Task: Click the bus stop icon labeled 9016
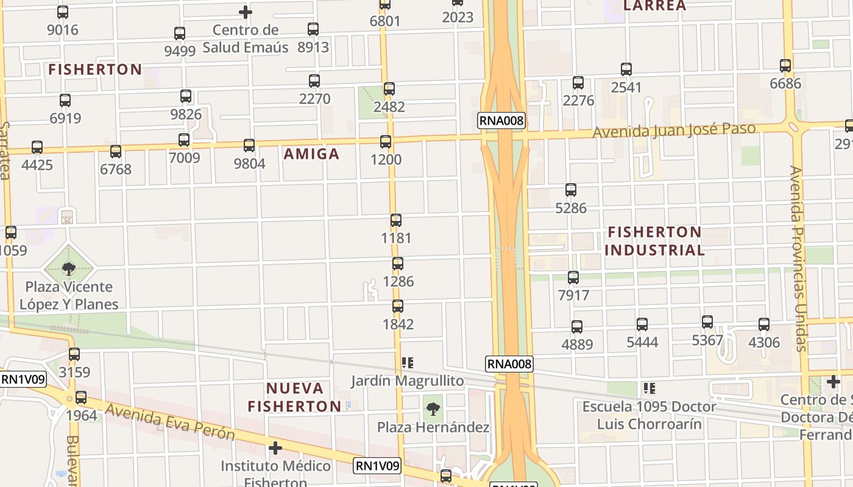(63, 12)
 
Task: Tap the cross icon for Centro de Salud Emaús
(245, 12)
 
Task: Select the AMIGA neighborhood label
(311, 153)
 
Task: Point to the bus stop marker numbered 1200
(386, 142)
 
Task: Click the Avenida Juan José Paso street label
(674, 130)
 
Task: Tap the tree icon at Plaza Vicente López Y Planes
(69, 268)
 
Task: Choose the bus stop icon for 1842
(398, 306)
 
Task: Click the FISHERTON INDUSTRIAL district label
(654, 241)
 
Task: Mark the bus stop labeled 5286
(571, 190)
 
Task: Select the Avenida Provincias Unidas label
(798, 258)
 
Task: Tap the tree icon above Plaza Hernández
(433, 409)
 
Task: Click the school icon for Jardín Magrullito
(408, 363)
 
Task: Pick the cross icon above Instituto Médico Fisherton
(275, 449)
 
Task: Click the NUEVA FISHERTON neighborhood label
(295, 397)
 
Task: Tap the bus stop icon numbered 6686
(785, 66)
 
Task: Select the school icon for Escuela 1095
(649, 388)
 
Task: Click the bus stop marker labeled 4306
(764, 324)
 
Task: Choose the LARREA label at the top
(654, 6)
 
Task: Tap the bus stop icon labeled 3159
(74, 354)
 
